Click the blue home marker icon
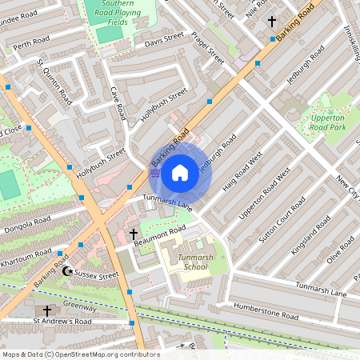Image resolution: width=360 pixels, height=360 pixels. pyautogui.click(x=180, y=172)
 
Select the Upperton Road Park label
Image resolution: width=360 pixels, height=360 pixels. pyautogui.click(x=326, y=122)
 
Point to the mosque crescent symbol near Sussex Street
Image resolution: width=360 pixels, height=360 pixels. pyautogui.click(x=67, y=272)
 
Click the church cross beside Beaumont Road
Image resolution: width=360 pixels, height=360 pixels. pyautogui.click(x=134, y=235)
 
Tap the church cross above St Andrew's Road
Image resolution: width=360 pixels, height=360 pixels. pyautogui.click(x=47, y=310)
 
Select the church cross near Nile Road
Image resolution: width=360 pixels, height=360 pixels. pyautogui.click(x=272, y=22)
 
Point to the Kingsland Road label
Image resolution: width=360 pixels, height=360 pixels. pyautogui.click(x=310, y=234)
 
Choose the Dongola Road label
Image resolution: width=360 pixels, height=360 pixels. pyautogui.click(x=28, y=229)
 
